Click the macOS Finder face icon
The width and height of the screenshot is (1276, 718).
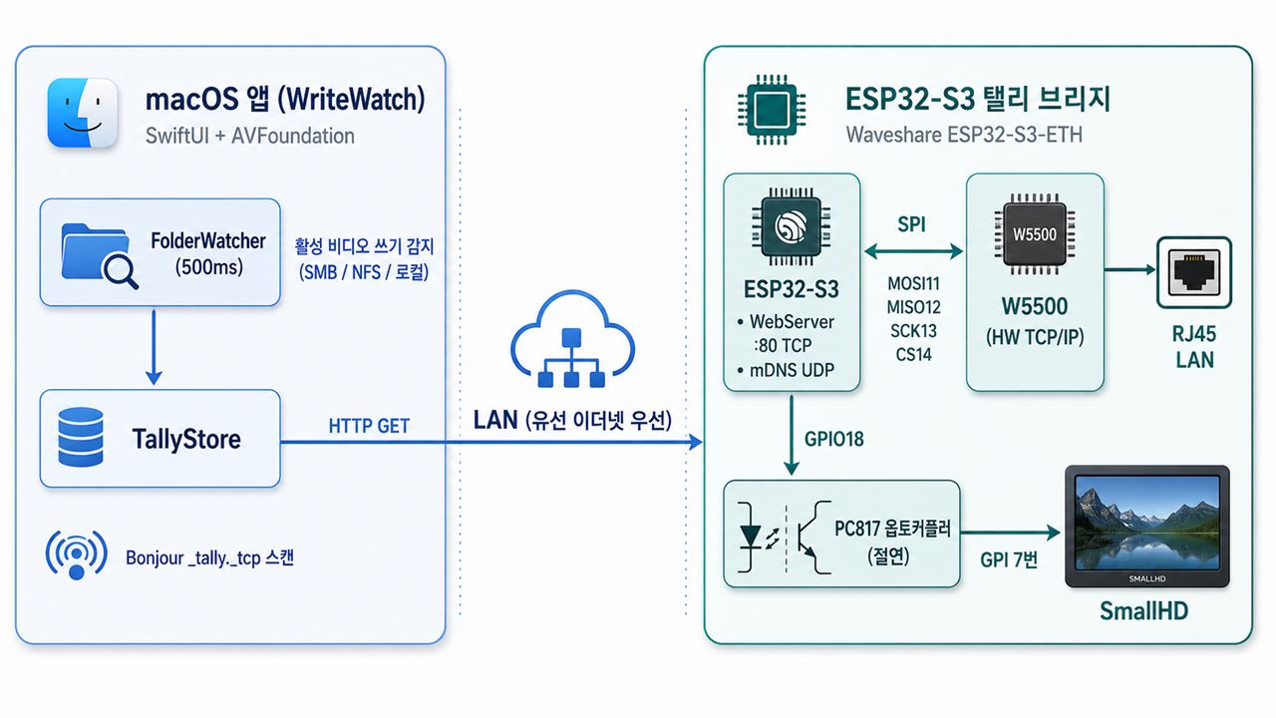[x=83, y=113]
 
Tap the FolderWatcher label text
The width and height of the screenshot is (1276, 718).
[x=208, y=253]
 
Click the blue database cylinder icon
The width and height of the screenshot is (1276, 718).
[x=81, y=437]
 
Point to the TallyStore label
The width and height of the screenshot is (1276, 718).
[x=186, y=439]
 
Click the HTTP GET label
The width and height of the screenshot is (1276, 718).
[x=369, y=426]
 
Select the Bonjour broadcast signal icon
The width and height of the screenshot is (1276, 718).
[x=77, y=554]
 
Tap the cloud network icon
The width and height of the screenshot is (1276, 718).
[x=572, y=340]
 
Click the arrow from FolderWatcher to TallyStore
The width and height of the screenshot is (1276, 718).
[x=154, y=347]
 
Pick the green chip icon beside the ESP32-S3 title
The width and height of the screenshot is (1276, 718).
[x=772, y=110]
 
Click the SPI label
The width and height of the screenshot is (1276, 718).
[x=911, y=224]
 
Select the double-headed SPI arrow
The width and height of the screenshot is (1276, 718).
[x=913, y=250]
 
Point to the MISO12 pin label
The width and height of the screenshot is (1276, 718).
[x=914, y=307]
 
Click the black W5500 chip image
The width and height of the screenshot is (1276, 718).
[x=1035, y=234]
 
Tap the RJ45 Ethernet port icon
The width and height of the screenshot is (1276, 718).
[x=1194, y=272]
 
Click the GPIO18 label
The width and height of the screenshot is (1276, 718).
[x=834, y=439]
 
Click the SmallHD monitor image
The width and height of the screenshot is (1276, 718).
[x=1147, y=527]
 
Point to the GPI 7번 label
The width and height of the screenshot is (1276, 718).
[x=1009, y=559]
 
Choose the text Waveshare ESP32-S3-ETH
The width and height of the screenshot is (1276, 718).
[x=964, y=135]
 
